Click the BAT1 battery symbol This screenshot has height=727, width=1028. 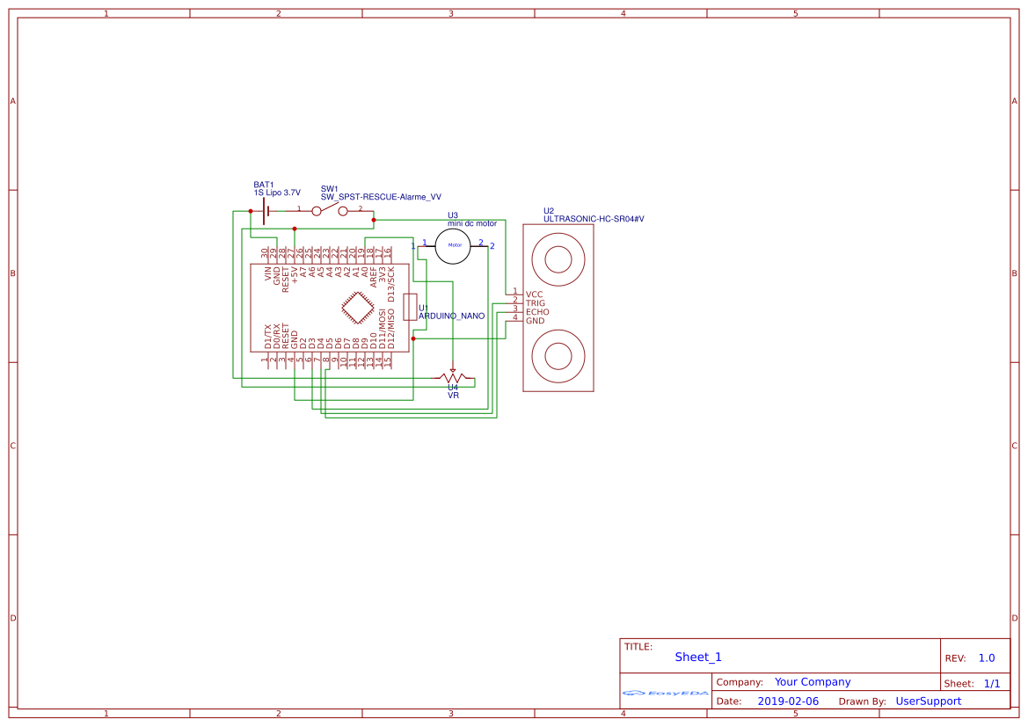point(265,211)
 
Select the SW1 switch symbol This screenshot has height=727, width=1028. point(330,210)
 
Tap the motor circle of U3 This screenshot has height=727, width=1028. point(455,245)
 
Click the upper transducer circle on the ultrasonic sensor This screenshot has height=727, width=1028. point(558,259)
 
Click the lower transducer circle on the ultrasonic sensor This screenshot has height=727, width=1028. point(558,356)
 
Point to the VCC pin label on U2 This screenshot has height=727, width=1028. point(534,294)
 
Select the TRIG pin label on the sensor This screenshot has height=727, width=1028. point(535,303)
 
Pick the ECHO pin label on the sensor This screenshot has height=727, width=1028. point(536,312)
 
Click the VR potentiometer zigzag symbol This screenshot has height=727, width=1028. point(453,378)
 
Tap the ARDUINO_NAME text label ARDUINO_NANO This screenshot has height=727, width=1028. point(451,316)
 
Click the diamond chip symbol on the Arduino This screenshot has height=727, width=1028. point(356,308)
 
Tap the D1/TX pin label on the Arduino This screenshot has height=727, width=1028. point(268,337)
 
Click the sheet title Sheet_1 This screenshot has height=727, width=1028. point(698,657)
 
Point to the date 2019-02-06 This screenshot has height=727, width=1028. point(787,702)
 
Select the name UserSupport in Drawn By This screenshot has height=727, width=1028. point(928,702)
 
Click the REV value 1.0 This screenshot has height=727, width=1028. point(986,658)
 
